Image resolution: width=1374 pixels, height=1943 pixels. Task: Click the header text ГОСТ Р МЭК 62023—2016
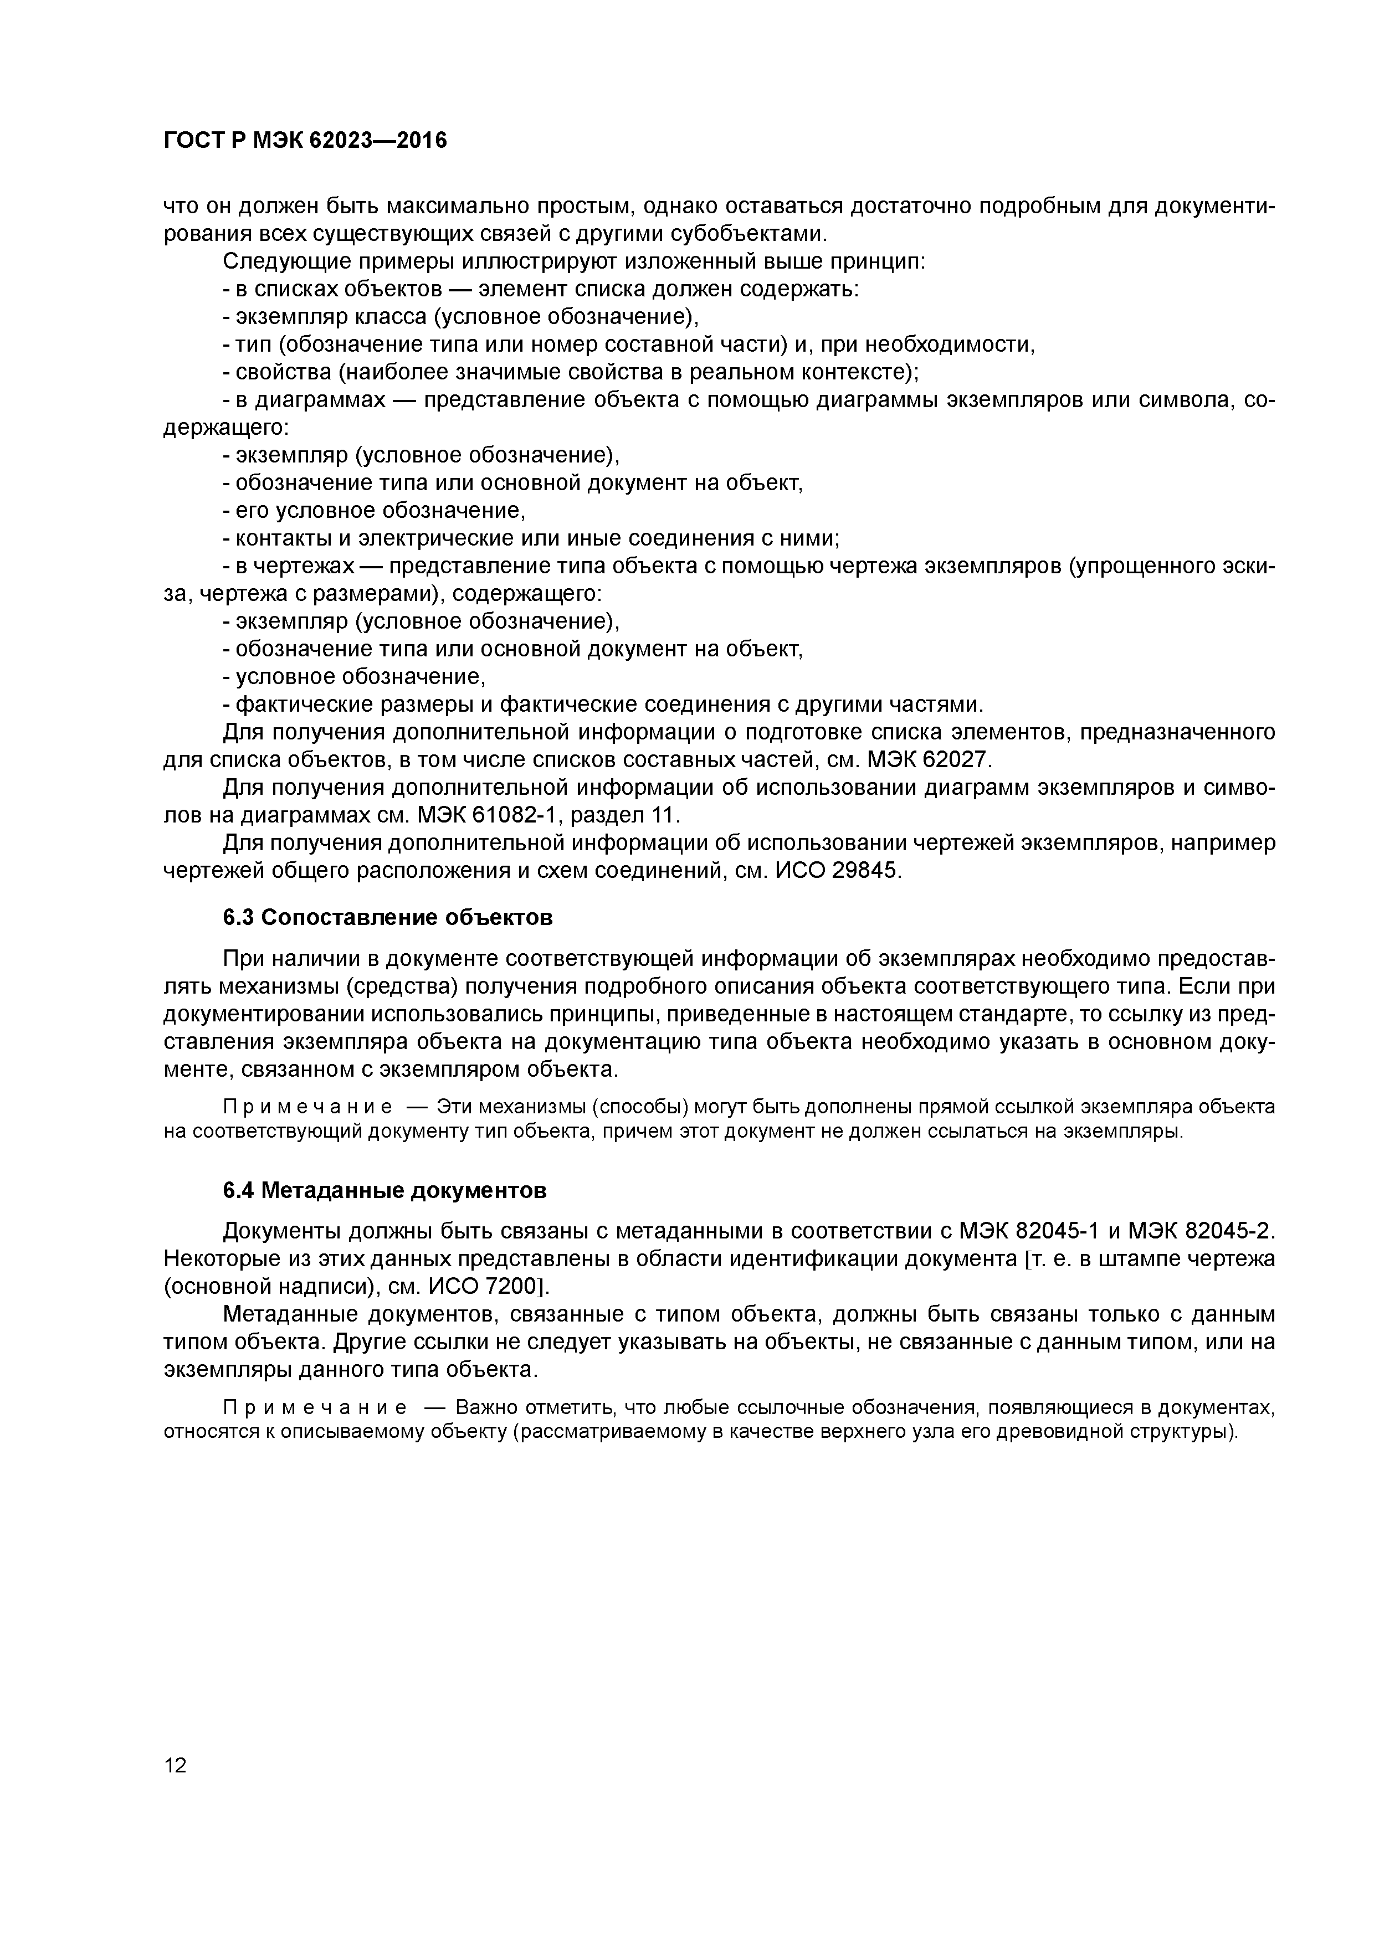pyautogui.click(x=305, y=141)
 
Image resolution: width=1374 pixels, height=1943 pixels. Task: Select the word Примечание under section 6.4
pyautogui.click(x=313, y=1407)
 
